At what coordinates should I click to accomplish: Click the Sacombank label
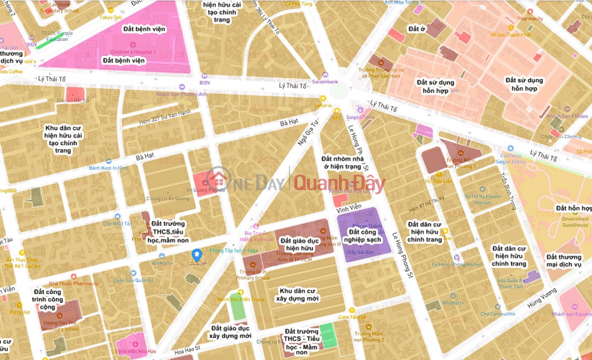coord(325,82)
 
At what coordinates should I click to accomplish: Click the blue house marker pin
coord(196,256)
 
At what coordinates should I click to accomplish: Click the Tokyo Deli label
coord(111,17)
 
